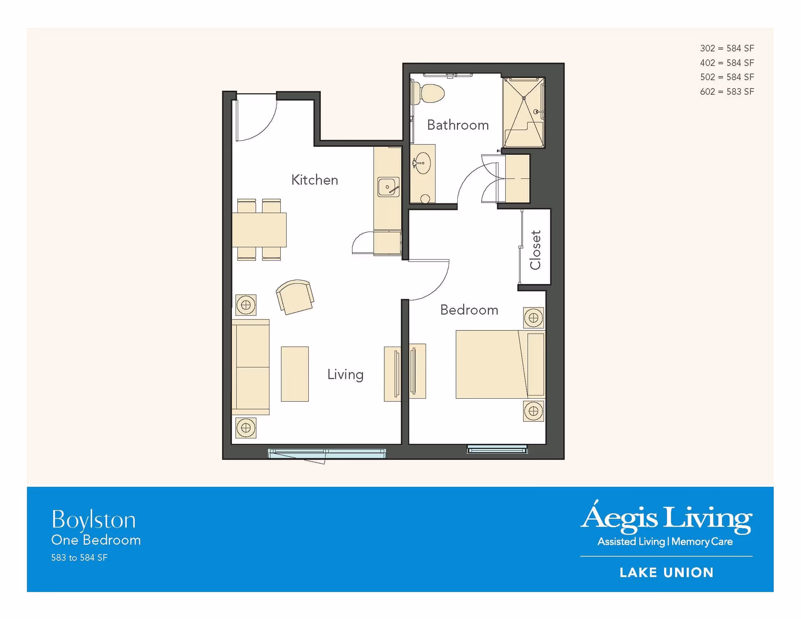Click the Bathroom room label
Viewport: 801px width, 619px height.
(x=458, y=125)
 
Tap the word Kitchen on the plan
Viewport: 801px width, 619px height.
(x=315, y=180)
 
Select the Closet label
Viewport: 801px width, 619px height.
(x=535, y=250)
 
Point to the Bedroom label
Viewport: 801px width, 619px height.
(x=469, y=310)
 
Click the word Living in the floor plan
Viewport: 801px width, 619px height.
(x=345, y=375)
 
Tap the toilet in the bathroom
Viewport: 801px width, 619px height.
(x=428, y=93)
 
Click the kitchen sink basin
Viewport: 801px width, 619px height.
(x=388, y=186)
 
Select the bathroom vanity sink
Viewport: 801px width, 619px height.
(x=422, y=163)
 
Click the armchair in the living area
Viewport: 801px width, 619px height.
(x=295, y=296)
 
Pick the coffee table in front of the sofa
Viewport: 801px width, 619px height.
(x=295, y=374)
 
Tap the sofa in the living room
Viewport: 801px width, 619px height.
(x=250, y=367)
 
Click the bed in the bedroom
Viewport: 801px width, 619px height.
(x=500, y=364)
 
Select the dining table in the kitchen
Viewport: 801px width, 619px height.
(x=259, y=229)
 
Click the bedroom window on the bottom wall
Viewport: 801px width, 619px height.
(x=497, y=450)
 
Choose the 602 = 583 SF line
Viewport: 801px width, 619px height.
(x=727, y=91)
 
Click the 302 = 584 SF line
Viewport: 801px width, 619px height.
(x=727, y=48)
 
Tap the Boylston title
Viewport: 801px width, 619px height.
(x=93, y=520)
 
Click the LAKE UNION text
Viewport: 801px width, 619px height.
(x=666, y=573)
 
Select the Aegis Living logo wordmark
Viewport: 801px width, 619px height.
(x=666, y=517)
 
